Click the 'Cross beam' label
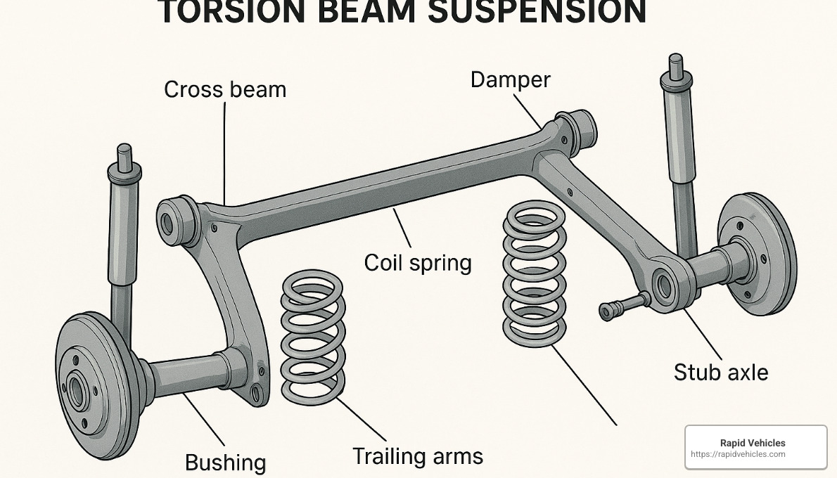click(224, 90)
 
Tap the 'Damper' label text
click(510, 79)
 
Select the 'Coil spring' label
click(417, 263)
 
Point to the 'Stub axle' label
click(720, 372)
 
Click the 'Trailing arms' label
click(417, 456)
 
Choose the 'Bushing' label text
click(225, 463)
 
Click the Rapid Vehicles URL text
click(738, 454)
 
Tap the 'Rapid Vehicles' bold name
click(752, 443)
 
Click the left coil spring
click(313, 337)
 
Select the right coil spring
click(535, 273)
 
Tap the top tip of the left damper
click(124, 148)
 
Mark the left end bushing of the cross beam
click(172, 221)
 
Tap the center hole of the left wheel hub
click(76, 389)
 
